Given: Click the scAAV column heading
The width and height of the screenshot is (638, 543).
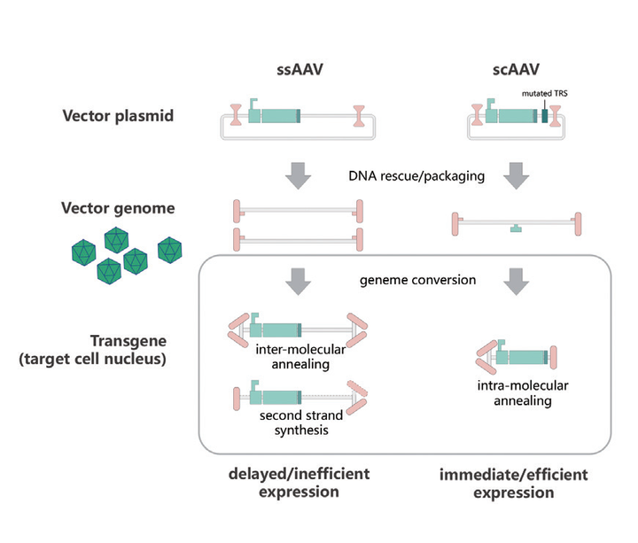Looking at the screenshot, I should click(515, 70).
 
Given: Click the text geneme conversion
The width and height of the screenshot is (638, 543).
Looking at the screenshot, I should click(418, 280).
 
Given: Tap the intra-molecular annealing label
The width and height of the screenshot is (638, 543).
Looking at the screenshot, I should click(510, 393).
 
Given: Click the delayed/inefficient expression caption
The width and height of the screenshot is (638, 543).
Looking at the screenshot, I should click(300, 483).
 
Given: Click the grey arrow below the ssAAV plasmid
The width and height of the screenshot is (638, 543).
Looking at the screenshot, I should click(300, 174).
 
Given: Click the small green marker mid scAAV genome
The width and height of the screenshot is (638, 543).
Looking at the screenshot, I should click(516, 229).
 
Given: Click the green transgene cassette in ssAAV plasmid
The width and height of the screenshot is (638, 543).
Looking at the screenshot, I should click(275, 116).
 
